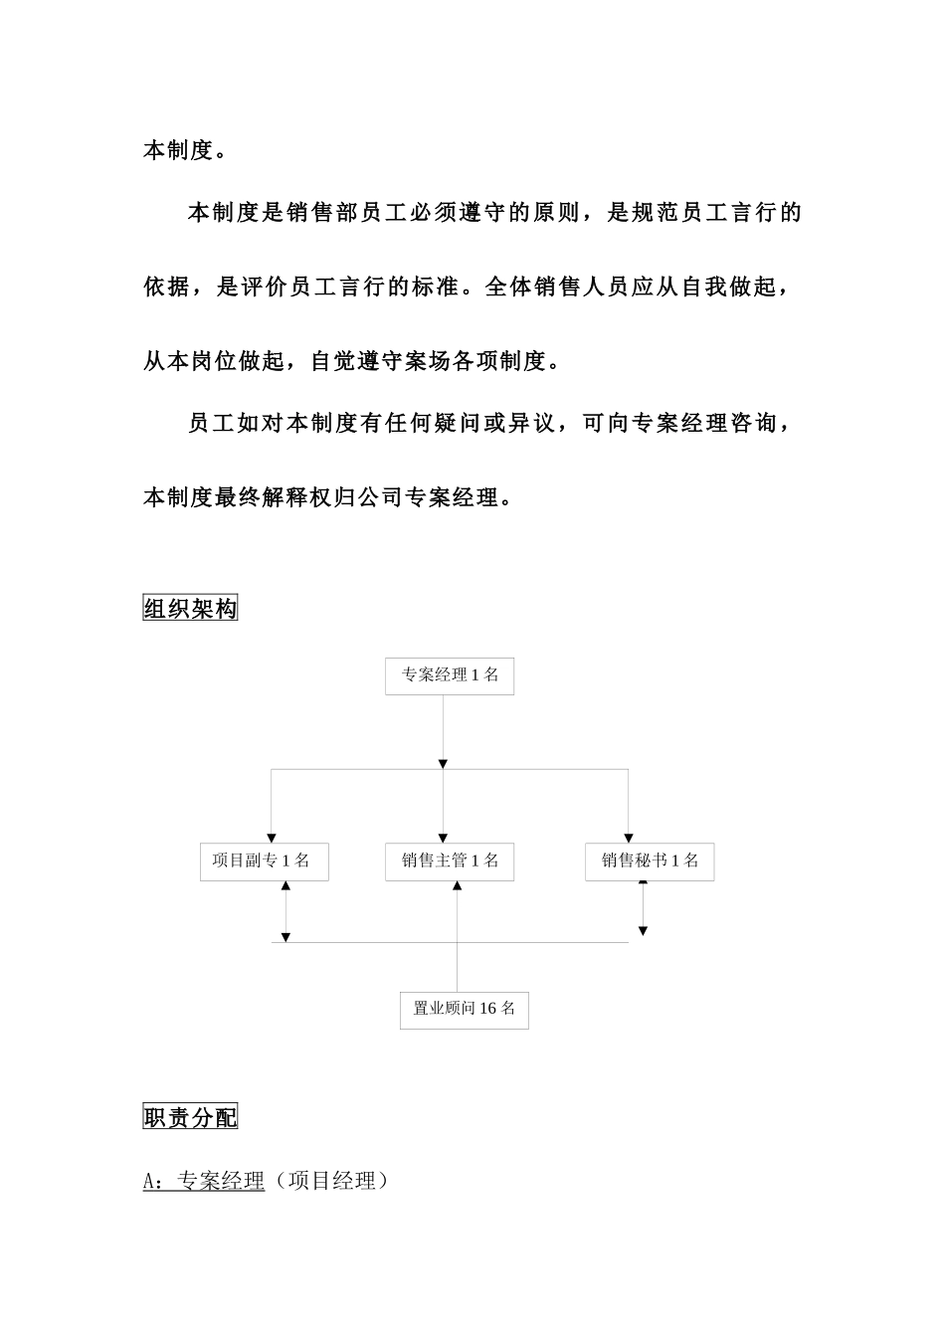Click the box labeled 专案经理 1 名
(x=450, y=675)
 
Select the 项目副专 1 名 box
(x=264, y=861)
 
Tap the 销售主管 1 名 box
(x=450, y=861)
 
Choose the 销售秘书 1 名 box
(x=650, y=861)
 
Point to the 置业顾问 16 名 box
(x=464, y=1009)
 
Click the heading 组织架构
(x=190, y=609)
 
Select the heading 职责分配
(x=190, y=1117)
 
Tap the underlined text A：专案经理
(x=204, y=1181)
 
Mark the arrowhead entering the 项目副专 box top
(x=272, y=839)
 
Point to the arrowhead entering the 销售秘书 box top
(x=628, y=839)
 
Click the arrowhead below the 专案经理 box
(x=443, y=764)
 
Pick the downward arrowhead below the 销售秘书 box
(x=643, y=931)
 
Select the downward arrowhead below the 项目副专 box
(x=285, y=937)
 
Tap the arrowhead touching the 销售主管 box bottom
(x=457, y=886)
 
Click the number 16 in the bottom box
(x=487, y=1009)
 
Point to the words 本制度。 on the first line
(x=184, y=151)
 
